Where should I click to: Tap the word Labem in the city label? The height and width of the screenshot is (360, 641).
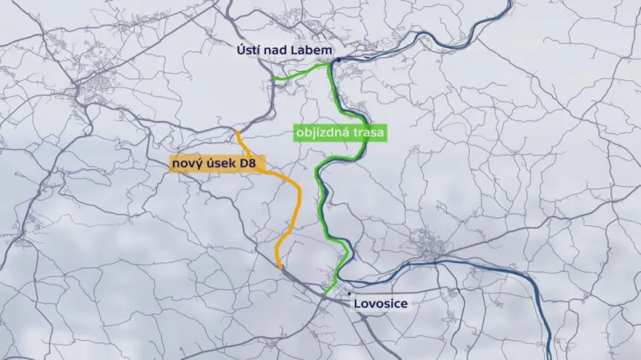(x=308, y=50)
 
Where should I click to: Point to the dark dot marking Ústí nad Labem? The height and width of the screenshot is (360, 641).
(x=338, y=60)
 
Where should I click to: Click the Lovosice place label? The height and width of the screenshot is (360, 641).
(x=381, y=305)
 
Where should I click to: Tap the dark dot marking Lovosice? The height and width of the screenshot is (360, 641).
(x=349, y=294)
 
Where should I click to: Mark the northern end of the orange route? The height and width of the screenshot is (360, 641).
(x=236, y=131)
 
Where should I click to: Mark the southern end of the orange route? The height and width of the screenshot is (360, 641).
(x=278, y=267)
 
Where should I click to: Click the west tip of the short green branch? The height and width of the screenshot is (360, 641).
(x=272, y=79)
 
